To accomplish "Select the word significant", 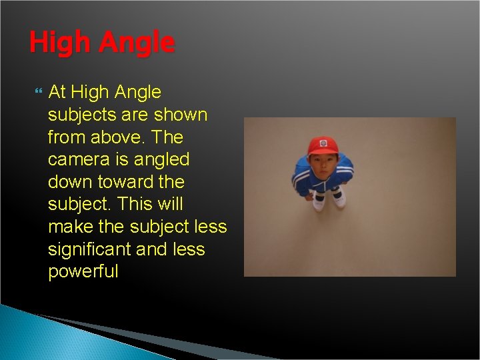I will coord(89,250).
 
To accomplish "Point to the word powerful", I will coord(83,272).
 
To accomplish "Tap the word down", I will coord(72,182).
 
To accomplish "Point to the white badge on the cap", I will coord(324,143).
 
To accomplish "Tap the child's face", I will coord(323,164).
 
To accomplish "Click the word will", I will coord(172,205).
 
